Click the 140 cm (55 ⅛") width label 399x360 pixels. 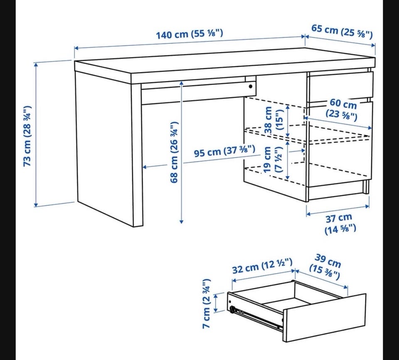[x=190, y=34]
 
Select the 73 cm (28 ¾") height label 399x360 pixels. [x=27, y=136]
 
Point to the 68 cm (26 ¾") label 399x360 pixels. [x=174, y=152]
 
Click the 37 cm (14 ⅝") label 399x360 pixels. [x=340, y=224]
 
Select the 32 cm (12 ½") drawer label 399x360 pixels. [x=262, y=266]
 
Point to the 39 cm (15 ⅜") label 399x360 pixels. [x=325, y=266]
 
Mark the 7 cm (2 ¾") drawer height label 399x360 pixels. [x=207, y=303]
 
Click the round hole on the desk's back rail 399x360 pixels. [x=251, y=86]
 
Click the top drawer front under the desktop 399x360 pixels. [x=340, y=84]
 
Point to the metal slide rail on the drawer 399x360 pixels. [x=256, y=318]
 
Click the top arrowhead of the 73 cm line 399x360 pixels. [x=36, y=65]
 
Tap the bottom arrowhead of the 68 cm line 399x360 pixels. [x=182, y=222]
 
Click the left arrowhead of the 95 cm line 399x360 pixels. [x=145, y=167]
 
